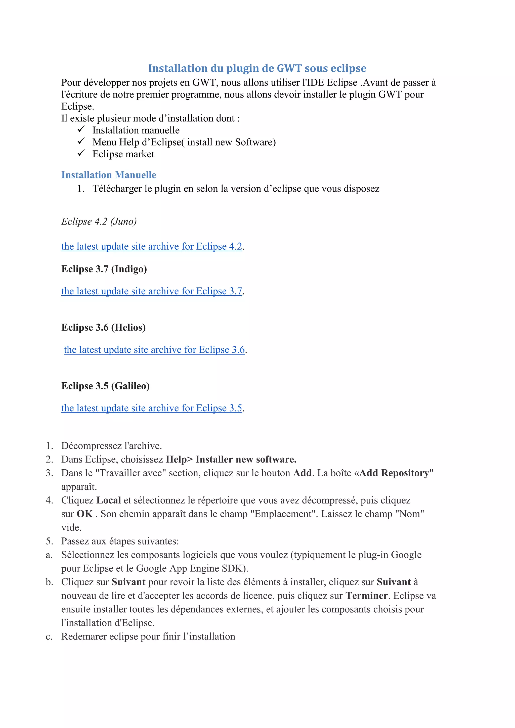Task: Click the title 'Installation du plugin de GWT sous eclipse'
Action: coord(257,68)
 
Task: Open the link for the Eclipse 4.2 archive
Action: coord(152,246)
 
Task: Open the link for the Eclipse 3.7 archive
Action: coord(152,291)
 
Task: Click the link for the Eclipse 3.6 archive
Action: coord(154,350)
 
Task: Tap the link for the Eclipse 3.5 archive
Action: coord(152,408)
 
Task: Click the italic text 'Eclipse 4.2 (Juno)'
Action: coord(99,221)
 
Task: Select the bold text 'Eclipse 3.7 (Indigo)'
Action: coord(104,269)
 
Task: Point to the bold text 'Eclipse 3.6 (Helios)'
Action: coord(103,327)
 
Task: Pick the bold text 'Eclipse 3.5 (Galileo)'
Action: coord(105,386)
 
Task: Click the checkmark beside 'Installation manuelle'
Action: coord(81,129)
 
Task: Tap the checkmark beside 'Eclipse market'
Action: coord(81,153)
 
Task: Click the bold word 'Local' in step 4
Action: coord(108,500)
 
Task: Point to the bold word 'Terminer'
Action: coord(367,596)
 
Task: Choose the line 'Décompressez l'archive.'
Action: coord(112,446)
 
